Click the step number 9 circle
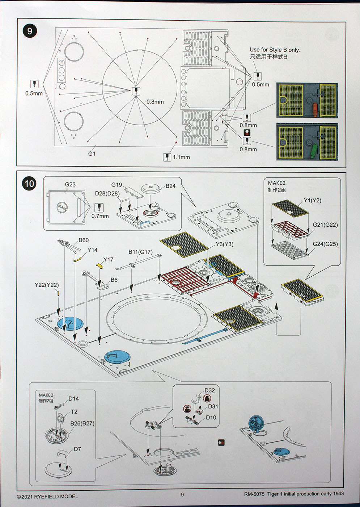(30, 31)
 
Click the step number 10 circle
(29, 184)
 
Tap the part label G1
(92, 154)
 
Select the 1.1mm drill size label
(181, 157)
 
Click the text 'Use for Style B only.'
(275, 50)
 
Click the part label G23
(70, 184)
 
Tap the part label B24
(170, 186)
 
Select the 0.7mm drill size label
(100, 216)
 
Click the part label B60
(84, 240)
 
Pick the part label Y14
(92, 250)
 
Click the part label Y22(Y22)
(47, 285)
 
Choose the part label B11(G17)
(140, 252)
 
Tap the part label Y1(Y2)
(312, 200)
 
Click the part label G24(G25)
(325, 244)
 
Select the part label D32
(209, 390)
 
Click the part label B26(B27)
(82, 423)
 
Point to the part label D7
(77, 449)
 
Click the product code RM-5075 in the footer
(254, 494)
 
